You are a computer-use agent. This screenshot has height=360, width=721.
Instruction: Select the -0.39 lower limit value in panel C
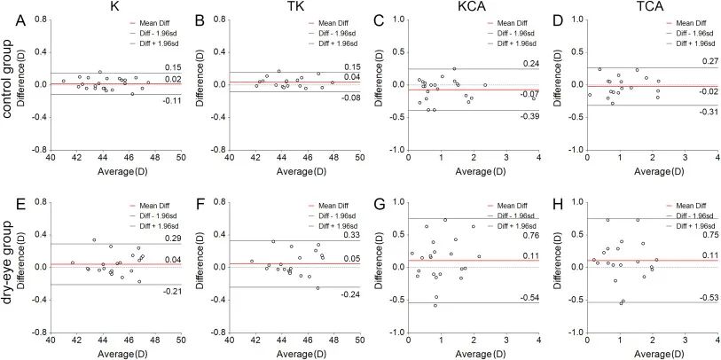tap(529, 115)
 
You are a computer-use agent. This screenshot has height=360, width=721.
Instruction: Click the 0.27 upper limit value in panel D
tap(709, 62)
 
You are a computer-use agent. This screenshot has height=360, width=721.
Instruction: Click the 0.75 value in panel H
tap(709, 236)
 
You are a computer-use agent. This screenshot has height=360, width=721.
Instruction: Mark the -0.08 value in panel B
tap(350, 98)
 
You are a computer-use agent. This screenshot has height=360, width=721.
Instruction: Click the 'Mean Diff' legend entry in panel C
tap(507, 21)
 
